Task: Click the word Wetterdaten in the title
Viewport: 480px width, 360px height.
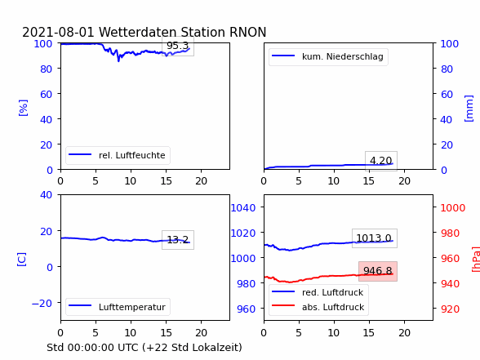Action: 138,32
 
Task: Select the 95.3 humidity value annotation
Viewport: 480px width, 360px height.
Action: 178,46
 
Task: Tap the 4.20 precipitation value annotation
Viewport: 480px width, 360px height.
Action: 380,161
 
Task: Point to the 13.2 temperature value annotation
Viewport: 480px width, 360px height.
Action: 178,239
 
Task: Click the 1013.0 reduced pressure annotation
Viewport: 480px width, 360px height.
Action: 374,238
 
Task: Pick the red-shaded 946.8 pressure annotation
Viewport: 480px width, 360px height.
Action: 378,271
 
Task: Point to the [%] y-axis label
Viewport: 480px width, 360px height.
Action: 23,108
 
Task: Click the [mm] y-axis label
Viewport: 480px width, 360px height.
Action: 469,109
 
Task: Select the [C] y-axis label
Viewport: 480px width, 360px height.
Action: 22,259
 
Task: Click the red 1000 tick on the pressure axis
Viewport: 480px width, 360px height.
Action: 453,208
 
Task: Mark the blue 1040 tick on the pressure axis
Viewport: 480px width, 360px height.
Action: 243,208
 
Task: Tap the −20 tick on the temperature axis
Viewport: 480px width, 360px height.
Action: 42,304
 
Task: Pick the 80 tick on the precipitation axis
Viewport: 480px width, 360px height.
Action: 447,69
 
